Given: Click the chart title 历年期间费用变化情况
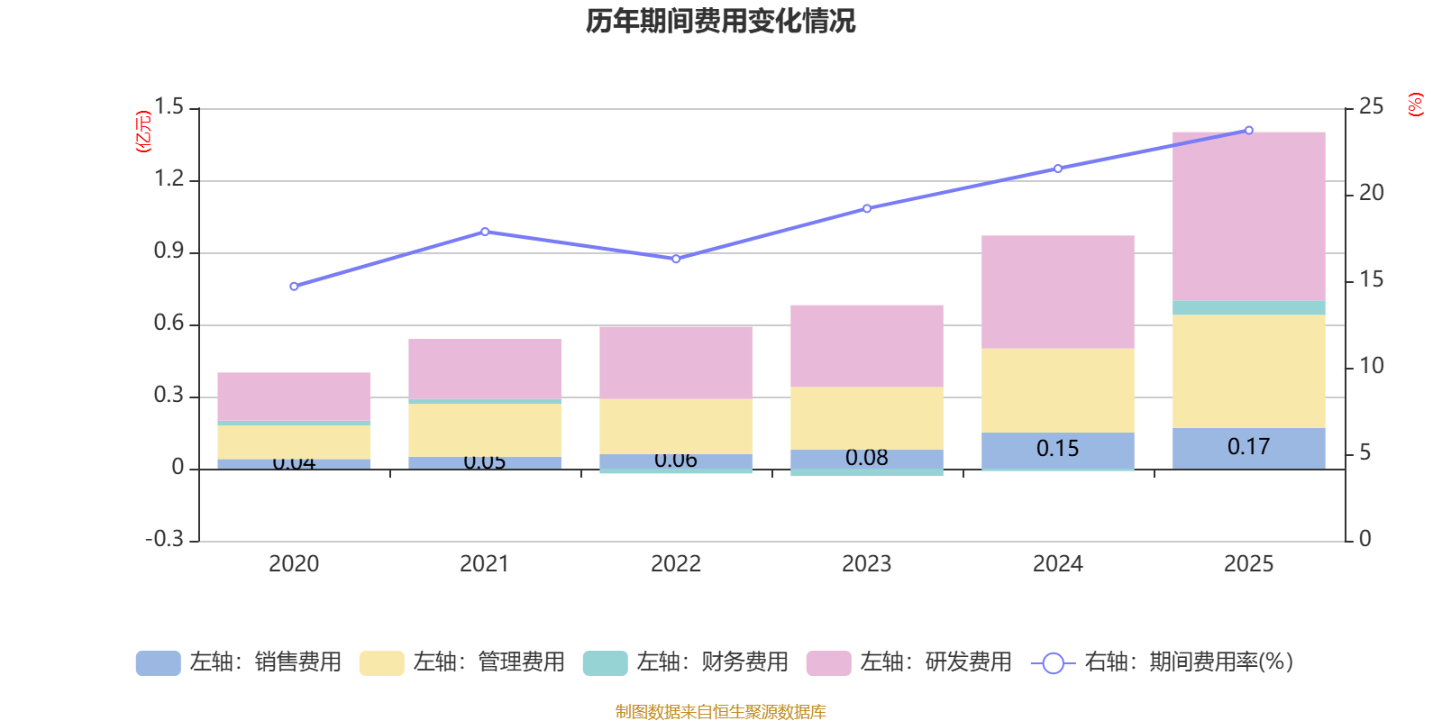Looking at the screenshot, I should [x=720, y=21].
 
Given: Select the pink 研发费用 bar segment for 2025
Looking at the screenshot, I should [x=1248, y=216].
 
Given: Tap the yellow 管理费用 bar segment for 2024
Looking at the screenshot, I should [x=1057, y=390].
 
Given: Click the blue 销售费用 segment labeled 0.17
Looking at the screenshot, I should [x=1248, y=448].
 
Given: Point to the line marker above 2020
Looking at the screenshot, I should [x=294, y=287].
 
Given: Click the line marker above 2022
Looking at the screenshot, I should [x=676, y=259].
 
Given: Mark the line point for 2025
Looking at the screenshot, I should [x=1248, y=130].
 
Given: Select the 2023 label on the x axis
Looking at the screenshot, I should [x=866, y=564].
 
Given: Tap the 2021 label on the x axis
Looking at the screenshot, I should [x=484, y=564].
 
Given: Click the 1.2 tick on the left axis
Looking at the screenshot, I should [x=169, y=179].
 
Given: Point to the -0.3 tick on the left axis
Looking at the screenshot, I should [x=164, y=539].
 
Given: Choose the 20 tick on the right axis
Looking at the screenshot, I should [x=1371, y=193].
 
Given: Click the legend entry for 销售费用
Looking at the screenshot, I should [x=239, y=662].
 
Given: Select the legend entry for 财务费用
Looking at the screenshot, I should [x=686, y=662].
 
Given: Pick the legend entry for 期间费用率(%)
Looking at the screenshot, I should [x=1163, y=662].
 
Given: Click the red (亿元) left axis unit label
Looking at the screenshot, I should [x=143, y=132].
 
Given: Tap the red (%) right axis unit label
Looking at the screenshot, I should [x=1416, y=105].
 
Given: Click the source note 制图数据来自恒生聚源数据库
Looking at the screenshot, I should [x=720, y=712].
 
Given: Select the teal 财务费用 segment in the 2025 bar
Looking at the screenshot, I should [x=1248, y=308].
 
